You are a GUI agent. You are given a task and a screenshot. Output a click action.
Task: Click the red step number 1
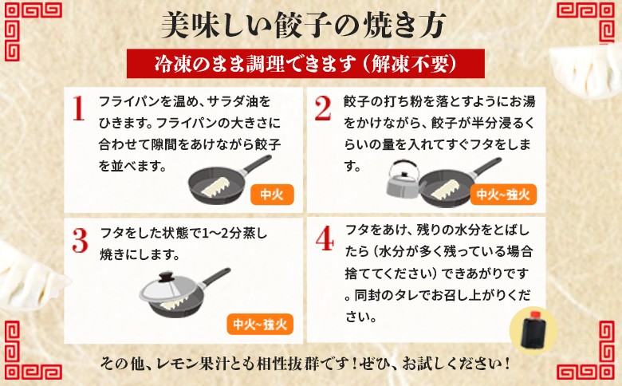(78, 108)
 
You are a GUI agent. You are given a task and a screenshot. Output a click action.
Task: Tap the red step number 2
(322, 108)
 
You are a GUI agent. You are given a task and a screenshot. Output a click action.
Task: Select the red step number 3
(80, 240)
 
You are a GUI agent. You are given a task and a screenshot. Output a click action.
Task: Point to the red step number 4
(325, 238)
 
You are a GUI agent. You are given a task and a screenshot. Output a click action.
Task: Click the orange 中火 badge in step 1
(272, 195)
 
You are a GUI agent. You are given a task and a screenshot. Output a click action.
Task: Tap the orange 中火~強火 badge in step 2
(503, 195)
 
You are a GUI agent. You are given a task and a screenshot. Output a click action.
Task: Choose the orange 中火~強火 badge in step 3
(260, 324)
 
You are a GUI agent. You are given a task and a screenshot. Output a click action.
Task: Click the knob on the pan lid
(167, 277)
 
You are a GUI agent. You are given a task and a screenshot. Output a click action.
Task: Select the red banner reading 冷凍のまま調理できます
(305, 64)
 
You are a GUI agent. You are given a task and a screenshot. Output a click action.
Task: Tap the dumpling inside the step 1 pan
(215, 187)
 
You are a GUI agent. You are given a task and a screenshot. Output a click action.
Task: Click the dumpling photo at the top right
(587, 72)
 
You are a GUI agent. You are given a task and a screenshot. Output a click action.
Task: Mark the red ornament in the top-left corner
(28, 28)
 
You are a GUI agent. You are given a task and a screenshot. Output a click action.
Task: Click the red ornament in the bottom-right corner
(592, 354)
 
